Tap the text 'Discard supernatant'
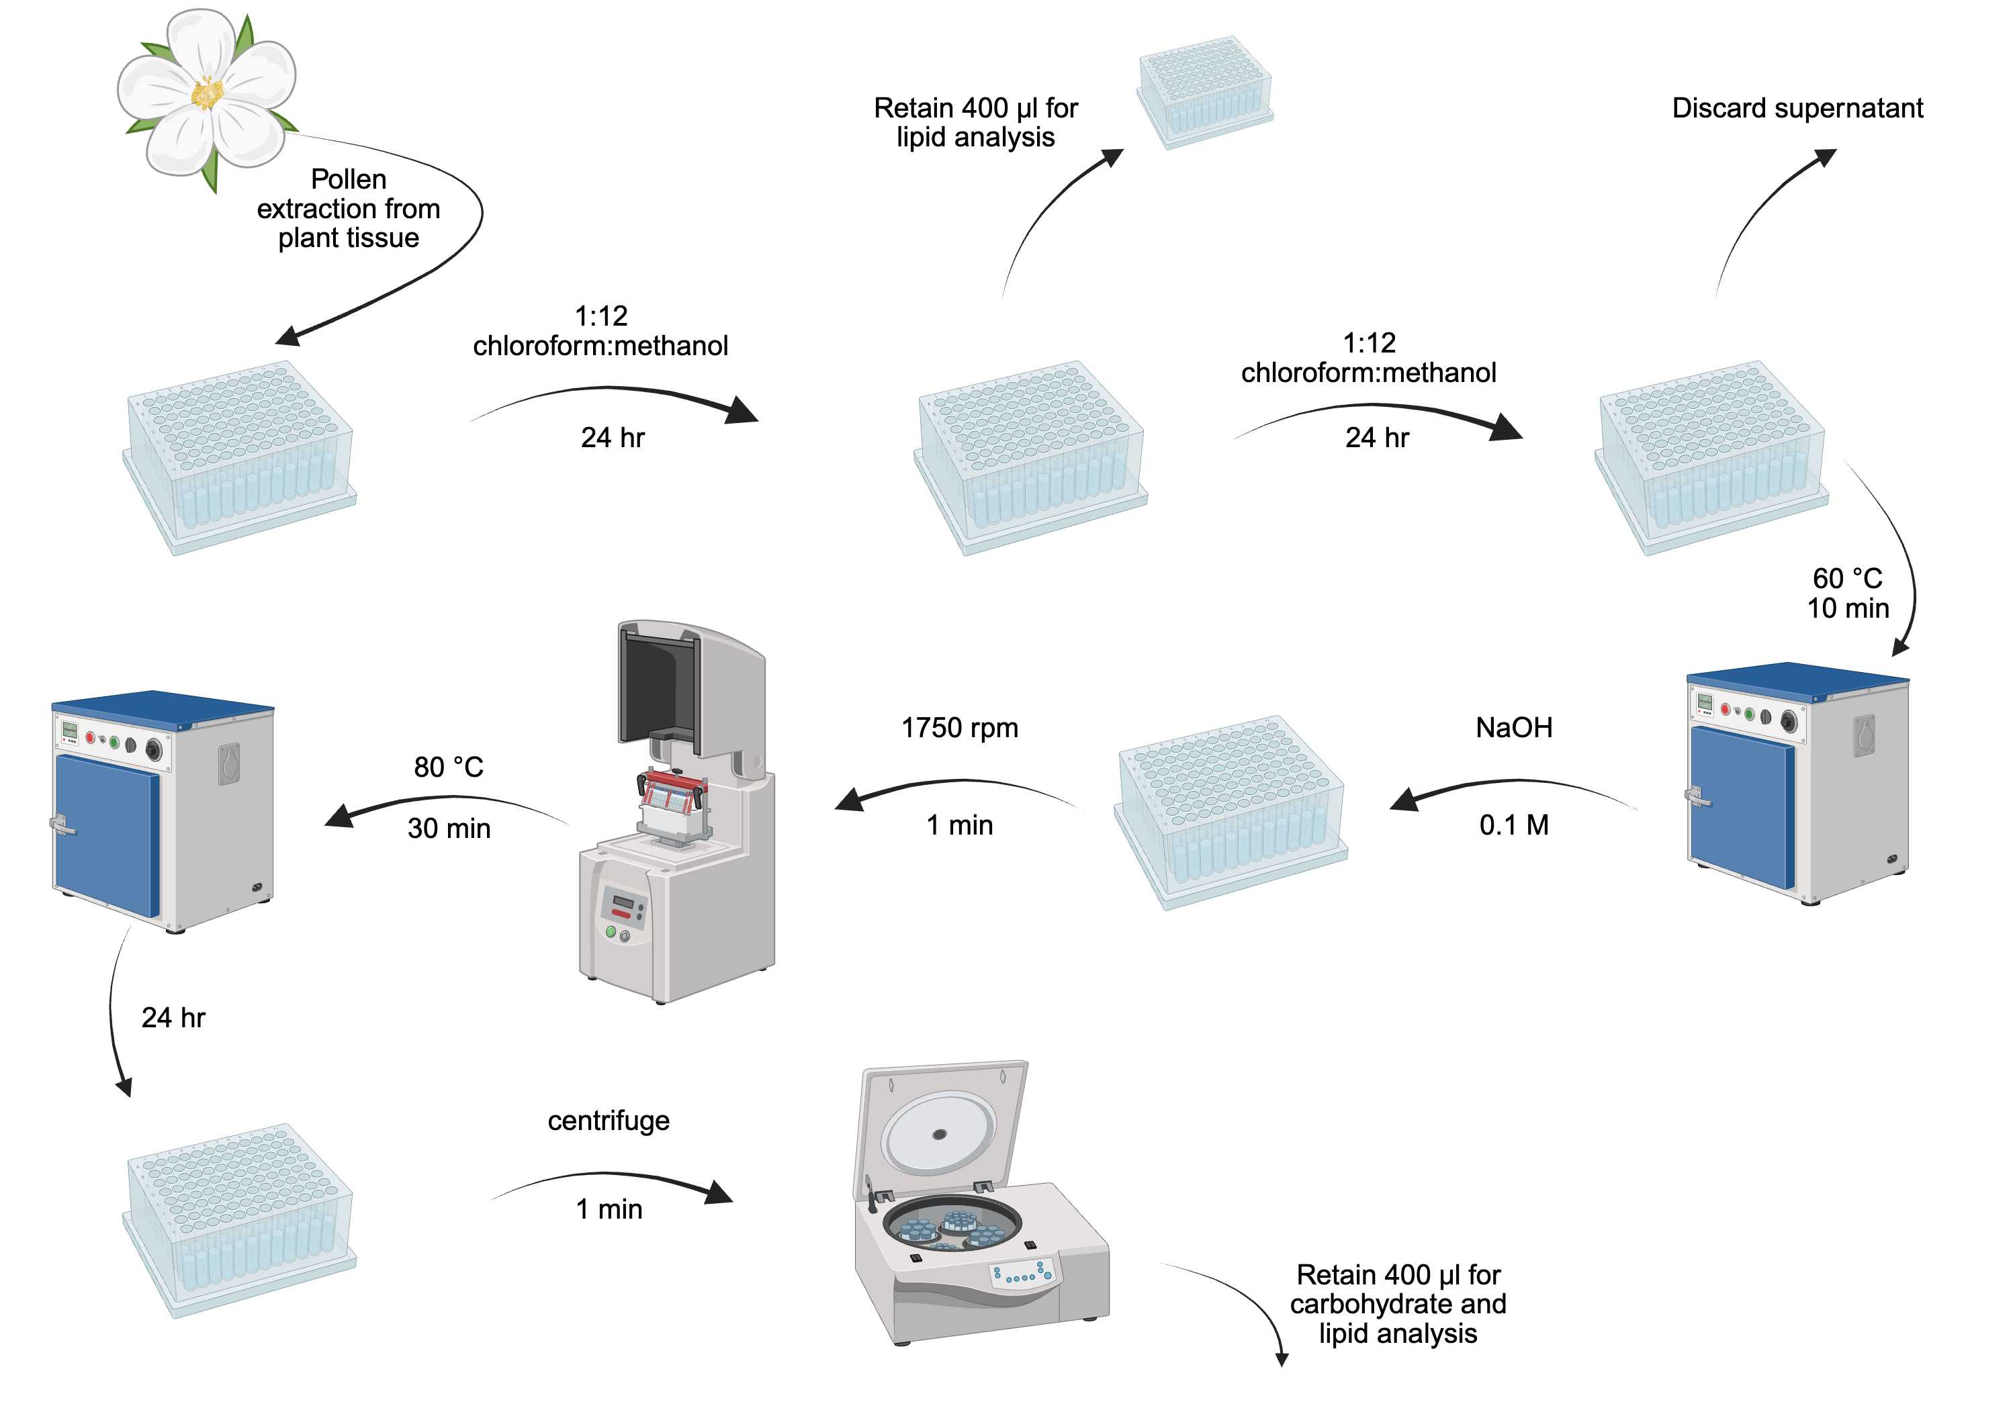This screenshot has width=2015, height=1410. [x=1797, y=108]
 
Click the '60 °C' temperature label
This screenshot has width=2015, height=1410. [x=1846, y=578]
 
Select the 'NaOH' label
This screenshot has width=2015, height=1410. [x=1513, y=727]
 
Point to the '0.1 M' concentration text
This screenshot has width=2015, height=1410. [x=1513, y=825]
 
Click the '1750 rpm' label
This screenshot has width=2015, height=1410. [x=959, y=727]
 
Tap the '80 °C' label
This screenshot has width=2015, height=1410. [x=449, y=767]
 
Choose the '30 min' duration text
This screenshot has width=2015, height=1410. [x=449, y=829]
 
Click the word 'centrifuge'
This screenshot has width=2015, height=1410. [x=608, y=1121]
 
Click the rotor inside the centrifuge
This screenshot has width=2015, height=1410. [x=952, y=1225]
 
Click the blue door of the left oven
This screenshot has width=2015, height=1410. [x=105, y=833]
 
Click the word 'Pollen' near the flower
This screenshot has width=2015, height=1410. [x=349, y=179]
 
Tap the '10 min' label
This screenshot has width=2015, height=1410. [x=1847, y=608]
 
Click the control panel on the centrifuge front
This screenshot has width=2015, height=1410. [x=1022, y=1273]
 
